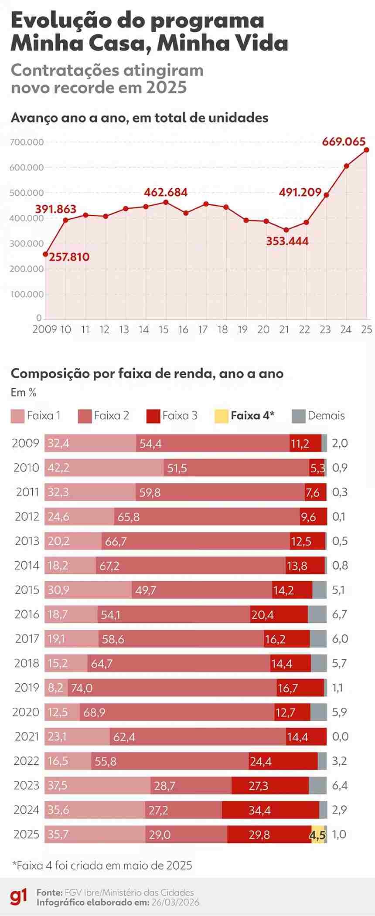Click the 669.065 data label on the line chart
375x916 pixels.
[344, 142]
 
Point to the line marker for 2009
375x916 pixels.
[45, 254]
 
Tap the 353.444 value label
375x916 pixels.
[287, 241]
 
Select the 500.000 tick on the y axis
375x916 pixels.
[27, 193]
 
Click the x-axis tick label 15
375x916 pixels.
[164, 329]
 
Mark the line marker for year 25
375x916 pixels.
[366, 150]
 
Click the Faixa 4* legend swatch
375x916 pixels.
[221, 416]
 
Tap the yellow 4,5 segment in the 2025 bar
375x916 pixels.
[318, 835]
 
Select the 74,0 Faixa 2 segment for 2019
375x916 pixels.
[172, 688]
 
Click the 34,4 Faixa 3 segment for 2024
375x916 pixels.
[270, 810]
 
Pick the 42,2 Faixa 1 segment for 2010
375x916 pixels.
[104, 468]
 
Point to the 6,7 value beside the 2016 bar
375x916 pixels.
[339, 614]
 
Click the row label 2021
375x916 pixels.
[27, 736]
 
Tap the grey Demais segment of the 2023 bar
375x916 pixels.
[317, 786]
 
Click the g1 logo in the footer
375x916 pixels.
[18, 897]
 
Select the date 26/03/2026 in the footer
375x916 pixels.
[175, 902]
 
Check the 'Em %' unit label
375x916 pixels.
[24, 393]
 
